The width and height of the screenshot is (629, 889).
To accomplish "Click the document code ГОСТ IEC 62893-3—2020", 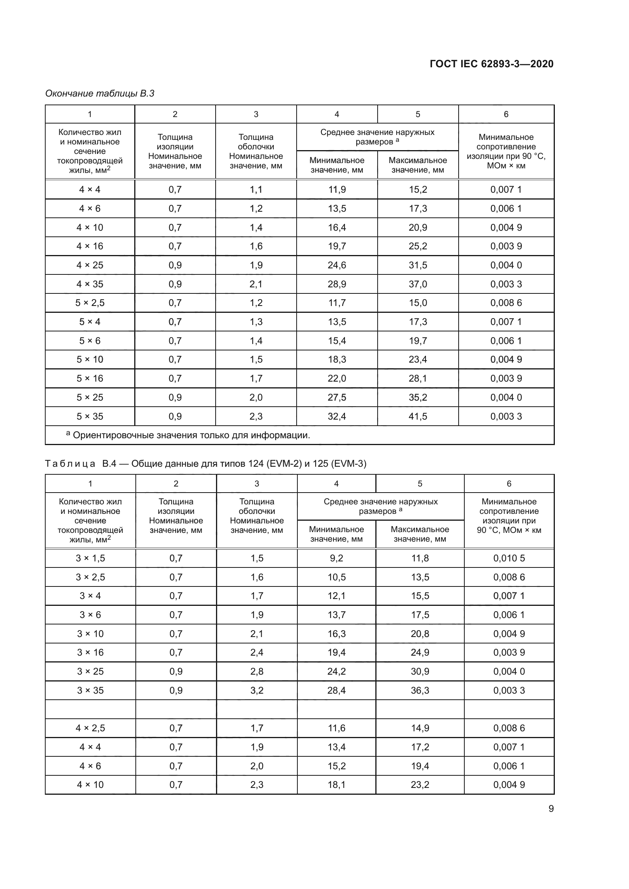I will [491, 64].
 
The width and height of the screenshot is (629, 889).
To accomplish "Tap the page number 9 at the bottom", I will [551, 808].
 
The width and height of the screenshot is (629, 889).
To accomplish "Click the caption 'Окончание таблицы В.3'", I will [100, 93].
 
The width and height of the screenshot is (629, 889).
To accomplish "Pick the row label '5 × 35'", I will [90, 416].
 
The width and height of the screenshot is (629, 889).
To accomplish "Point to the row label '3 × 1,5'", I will [90, 558].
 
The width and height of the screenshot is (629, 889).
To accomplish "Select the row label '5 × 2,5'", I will [90, 303].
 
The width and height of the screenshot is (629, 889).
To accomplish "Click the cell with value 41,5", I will [418, 416].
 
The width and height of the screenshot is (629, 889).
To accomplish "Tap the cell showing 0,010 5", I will [509, 558].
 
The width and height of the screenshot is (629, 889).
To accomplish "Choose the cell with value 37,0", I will [418, 284].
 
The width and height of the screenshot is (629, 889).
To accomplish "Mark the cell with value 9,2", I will [336, 558].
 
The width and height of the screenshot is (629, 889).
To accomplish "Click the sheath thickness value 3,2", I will [257, 690].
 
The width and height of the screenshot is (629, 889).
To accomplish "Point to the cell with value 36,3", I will [420, 690].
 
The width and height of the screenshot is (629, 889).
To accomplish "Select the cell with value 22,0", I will [337, 378].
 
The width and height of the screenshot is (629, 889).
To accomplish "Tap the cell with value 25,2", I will [418, 246].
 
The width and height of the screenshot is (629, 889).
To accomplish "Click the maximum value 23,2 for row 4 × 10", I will [420, 785].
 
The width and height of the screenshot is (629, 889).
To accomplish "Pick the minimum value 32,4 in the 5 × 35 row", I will [337, 416].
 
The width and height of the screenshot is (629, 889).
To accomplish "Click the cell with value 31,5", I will [418, 265].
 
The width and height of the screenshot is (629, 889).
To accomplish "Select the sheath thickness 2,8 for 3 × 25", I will [257, 671].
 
